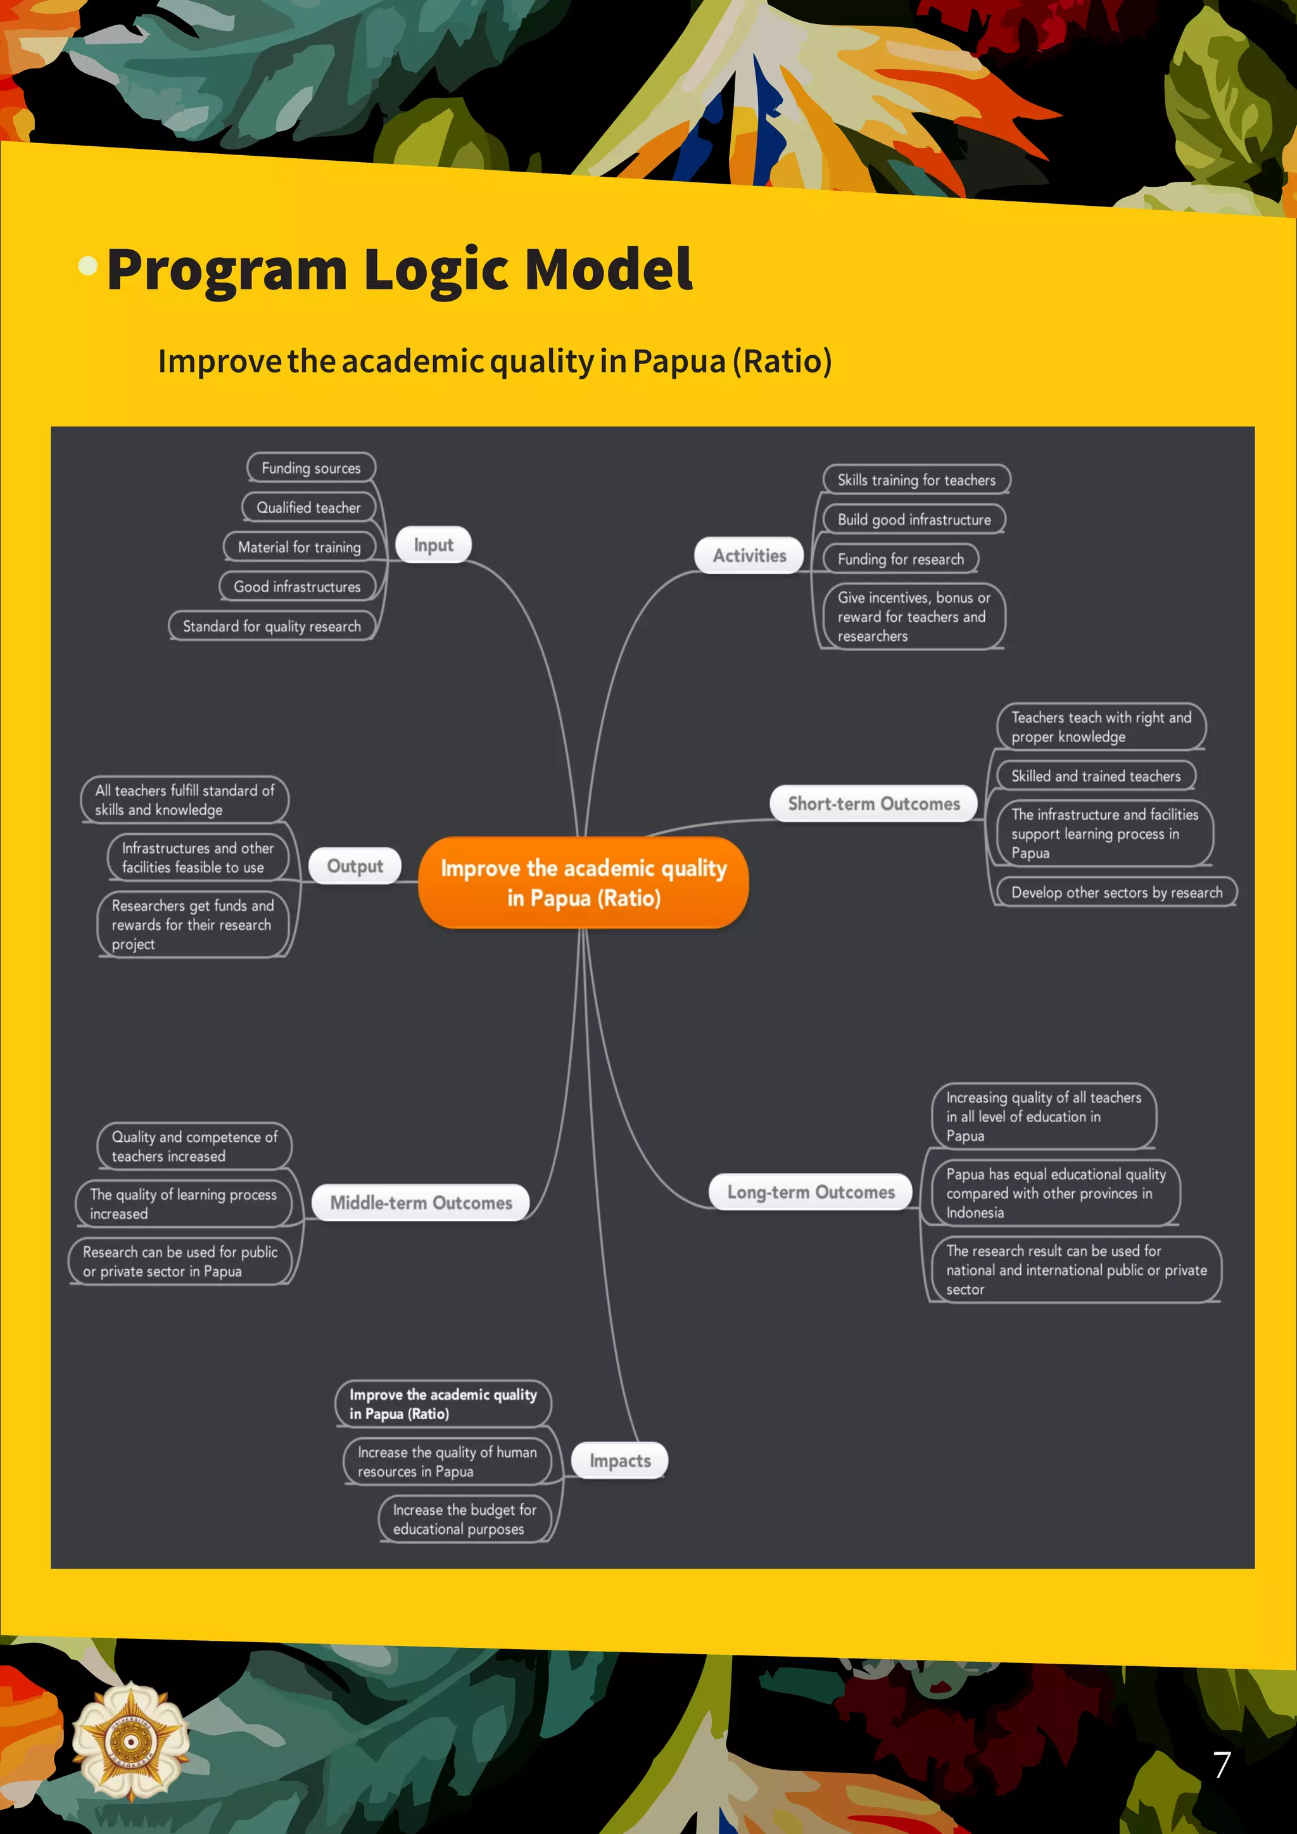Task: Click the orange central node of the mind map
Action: click(x=583, y=883)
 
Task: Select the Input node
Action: click(x=433, y=545)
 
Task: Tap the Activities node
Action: click(x=749, y=555)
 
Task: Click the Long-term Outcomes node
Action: click(x=810, y=1192)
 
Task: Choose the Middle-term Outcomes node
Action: click(x=421, y=1202)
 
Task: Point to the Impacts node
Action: click(x=620, y=1460)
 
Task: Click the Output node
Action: click(x=355, y=866)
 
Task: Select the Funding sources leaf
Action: click(x=311, y=468)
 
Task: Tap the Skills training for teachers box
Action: click(x=916, y=480)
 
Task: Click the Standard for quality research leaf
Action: click(x=272, y=626)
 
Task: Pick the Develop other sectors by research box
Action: click(x=1116, y=892)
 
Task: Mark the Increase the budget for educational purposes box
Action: click(x=464, y=1519)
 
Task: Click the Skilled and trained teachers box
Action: click(x=1095, y=776)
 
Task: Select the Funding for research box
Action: click(x=900, y=559)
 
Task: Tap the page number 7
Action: click(x=1221, y=1764)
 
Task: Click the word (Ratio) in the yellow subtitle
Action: click(x=783, y=361)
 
